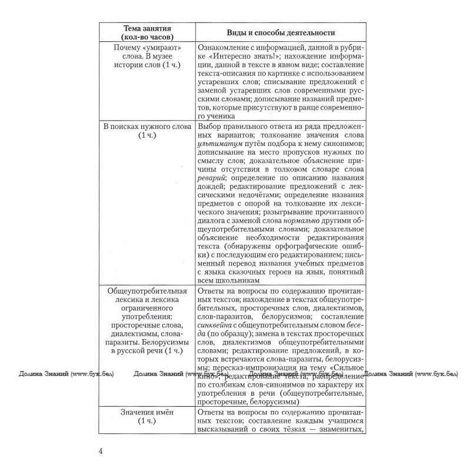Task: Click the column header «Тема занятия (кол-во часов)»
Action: (x=147, y=31)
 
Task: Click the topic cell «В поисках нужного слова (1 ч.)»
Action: (x=147, y=131)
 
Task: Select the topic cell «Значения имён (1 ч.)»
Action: (x=147, y=417)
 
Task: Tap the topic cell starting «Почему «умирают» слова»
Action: (x=147, y=55)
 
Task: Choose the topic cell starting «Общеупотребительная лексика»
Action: (x=147, y=320)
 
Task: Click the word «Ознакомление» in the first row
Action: (x=226, y=46)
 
